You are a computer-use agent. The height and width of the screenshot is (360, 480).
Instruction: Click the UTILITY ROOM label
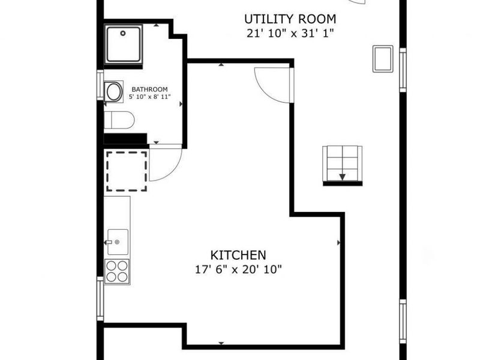290,19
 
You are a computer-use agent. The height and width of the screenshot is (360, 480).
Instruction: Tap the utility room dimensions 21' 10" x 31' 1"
290,33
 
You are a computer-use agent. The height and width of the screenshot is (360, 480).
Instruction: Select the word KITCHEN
238,255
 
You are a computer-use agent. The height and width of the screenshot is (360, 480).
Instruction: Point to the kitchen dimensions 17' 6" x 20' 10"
238,269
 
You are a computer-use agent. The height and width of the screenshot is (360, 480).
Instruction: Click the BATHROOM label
149,89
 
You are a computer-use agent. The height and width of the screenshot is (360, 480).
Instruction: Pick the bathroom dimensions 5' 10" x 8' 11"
149,97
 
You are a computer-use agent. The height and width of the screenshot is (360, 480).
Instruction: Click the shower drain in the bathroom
123,33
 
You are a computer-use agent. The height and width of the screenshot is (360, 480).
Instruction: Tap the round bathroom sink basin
114,92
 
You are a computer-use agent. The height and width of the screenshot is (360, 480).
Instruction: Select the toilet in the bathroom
119,120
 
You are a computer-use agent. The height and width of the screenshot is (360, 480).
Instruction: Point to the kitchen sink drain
117,242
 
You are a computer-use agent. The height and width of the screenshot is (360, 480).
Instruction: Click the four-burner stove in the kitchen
116,272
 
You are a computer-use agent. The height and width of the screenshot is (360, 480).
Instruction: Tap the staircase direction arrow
342,176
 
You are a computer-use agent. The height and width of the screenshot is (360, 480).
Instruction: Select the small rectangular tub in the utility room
383,59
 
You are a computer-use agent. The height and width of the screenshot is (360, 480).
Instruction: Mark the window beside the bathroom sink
100,85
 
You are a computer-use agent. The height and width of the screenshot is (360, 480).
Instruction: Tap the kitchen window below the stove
100,299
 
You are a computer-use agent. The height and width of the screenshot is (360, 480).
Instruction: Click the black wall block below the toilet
125,139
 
